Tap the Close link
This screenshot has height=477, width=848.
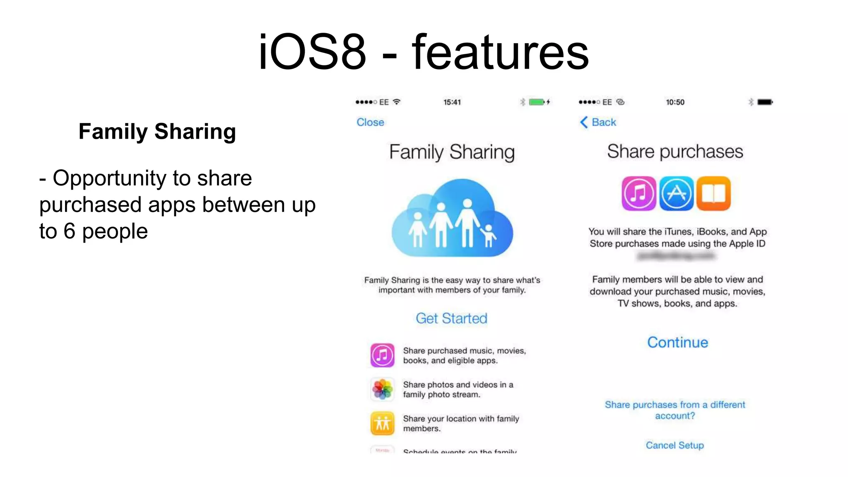click(x=370, y=122)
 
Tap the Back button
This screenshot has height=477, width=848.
click(x=598, y=122)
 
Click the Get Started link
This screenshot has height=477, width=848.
click(x=451, y=318)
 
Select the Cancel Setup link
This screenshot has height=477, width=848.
click(x=675, y=445)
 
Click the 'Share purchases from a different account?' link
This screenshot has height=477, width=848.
click(x=675, y=410)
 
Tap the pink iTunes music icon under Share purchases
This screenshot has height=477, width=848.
click(x=638, y=193)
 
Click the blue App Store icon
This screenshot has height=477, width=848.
click(x=676, y=193)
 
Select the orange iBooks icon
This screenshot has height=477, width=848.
click(x=713, y=193)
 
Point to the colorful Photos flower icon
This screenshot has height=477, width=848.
click(x=382, y=389)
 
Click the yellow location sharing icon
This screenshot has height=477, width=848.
click(x=382, y=423)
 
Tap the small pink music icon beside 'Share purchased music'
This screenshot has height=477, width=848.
click(x=382, y=355)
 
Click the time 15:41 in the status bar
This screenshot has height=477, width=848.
click(x=452, y=102)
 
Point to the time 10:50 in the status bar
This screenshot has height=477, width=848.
click(x=675, y=102)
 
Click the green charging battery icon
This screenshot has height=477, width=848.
click(x=537, y=102)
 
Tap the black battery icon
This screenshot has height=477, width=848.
click(x=765, y=102)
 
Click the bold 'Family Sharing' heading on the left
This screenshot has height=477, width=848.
click(x=157, y=132)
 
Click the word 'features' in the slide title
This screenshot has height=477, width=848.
click(x=500, y=53)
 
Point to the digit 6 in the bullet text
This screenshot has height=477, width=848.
click(x=69, y=231)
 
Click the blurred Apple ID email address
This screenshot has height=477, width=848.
click(x=676, y=256)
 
